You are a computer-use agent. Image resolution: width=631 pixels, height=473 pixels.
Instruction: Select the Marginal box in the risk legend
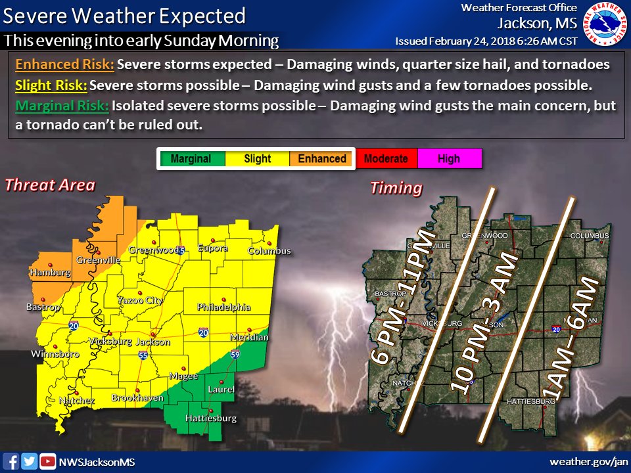191,159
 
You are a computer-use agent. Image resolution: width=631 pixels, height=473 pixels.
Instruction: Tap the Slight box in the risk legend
257,159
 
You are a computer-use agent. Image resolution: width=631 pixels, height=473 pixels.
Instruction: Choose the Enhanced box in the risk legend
322,159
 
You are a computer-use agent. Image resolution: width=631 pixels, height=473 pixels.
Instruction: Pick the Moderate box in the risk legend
386,159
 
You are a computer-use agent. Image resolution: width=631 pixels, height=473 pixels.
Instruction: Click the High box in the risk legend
449,159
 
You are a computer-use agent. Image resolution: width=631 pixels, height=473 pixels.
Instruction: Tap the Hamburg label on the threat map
50,272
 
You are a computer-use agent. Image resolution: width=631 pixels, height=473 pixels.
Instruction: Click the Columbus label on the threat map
269,251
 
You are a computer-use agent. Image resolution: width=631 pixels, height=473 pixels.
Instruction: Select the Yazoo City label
139,300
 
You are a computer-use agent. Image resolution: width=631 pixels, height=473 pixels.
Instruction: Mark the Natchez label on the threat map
77,400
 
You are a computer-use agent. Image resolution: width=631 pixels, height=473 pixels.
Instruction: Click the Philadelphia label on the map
223,307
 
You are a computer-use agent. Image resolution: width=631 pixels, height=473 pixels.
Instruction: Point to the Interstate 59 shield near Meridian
235,355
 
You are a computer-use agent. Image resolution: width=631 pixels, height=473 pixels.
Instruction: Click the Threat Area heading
50,185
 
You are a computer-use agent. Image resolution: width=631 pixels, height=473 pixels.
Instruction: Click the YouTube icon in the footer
47,461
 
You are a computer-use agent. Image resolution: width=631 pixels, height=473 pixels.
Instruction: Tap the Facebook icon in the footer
11,461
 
